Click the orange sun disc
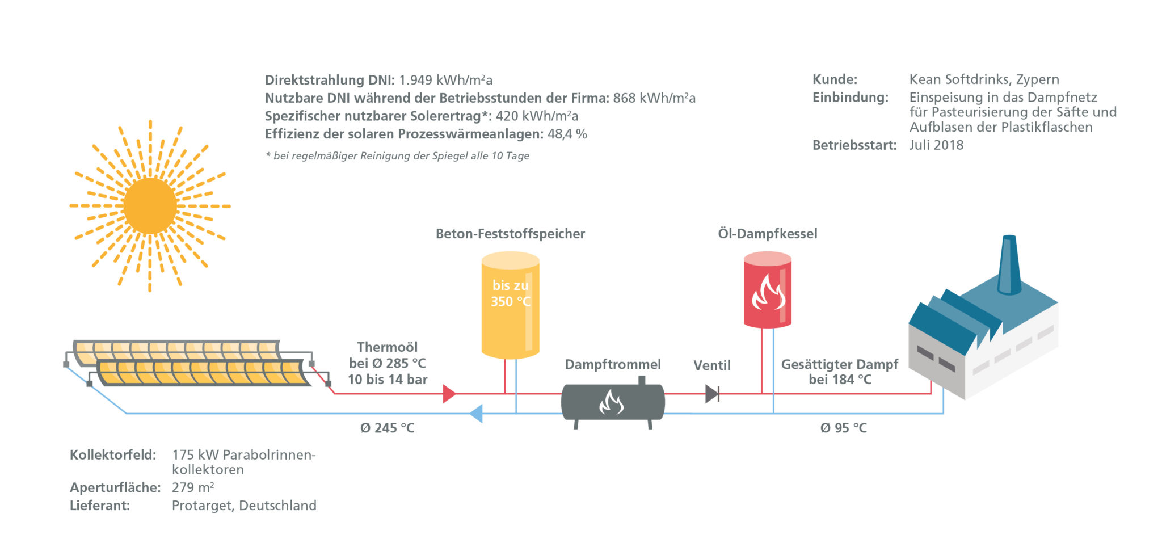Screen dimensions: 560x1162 (x=150, y=206)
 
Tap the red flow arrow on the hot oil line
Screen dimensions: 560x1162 (x=449, y=394)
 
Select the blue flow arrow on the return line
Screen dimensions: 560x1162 (x=477, y=414)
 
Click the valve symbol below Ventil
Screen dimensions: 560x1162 (x=712, y=394)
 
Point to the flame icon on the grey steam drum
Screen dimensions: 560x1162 (x=612, y=402)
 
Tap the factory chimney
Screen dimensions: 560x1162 (x=1009, y=266)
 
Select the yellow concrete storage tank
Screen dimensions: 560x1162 (x=510, y=306)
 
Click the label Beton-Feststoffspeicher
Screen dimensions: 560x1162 (x=510, y=234)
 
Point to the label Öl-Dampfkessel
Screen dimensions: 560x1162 (x=767, y=234)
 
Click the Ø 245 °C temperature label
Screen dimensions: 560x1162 (x=388, y=428)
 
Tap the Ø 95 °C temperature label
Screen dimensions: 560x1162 (x=843, y=428)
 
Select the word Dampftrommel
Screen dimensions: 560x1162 (x=613, y=364)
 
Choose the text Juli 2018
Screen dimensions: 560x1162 (x=936, y=145)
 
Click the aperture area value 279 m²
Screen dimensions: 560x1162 (x=193, y=487)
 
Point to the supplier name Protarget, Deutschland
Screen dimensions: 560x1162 (x=244, y=506)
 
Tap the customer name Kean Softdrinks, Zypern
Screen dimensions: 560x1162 (x=984, y=79)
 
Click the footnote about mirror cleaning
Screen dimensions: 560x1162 (x=397, y=156)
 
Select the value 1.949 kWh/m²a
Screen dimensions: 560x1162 (x=445, y=80)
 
